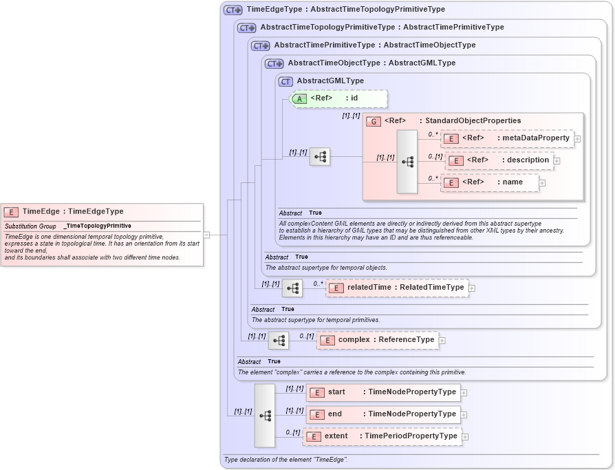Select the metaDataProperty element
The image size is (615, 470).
(x=507, y=138)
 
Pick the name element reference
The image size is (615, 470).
(x=489, y=182)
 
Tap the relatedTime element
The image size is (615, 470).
(x=397, y=288)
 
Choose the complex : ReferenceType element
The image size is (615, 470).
(x=377, y=340)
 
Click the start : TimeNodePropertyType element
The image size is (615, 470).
(x=383, y=392)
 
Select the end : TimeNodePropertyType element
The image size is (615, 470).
(x=383, y=414)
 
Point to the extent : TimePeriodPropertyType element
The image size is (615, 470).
(x=382, y=436)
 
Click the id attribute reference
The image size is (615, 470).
(x=340, y=98)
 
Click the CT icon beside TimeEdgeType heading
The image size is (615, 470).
(x=233, y=10)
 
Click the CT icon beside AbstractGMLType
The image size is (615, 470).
(x=285, y=81)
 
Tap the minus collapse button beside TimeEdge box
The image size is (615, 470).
(x=206, y=235)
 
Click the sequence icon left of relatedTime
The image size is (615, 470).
(x=292, y=288)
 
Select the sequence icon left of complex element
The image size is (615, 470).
(x=279, y=341)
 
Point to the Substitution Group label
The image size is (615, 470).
(x=31, y=226)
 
